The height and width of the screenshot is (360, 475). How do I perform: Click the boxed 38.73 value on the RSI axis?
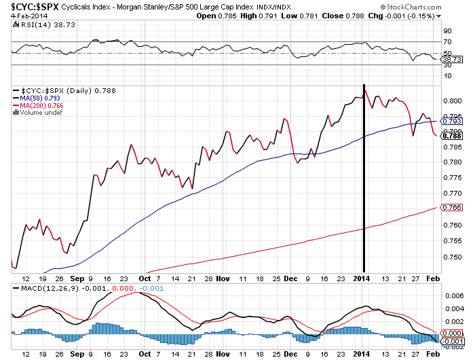click(x=452, y=60)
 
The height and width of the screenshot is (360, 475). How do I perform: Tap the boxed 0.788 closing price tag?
click(x=452, y=136)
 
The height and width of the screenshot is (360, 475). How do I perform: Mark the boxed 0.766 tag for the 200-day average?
click(x=452, y=207)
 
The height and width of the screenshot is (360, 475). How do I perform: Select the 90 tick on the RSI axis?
click(x=448, y=31)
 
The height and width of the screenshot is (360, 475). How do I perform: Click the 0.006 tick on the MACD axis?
click(x=452, y=296)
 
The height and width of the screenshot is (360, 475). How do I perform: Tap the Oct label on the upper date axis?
click(x=145, y=278)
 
